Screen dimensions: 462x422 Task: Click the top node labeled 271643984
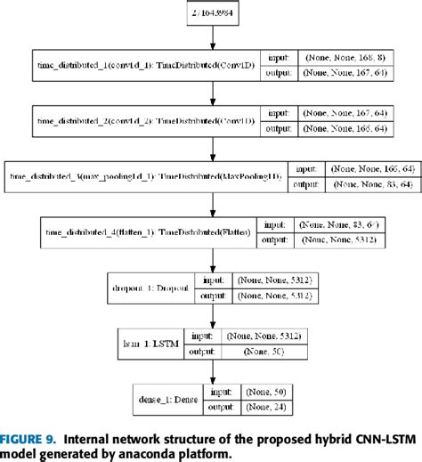point(211,16)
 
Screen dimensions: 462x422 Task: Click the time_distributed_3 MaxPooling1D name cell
point(145,176)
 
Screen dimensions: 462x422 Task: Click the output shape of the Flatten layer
point(329,241)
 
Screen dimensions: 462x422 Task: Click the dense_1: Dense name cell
point(165,399)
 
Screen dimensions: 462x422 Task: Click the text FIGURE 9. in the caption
point(31,438)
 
